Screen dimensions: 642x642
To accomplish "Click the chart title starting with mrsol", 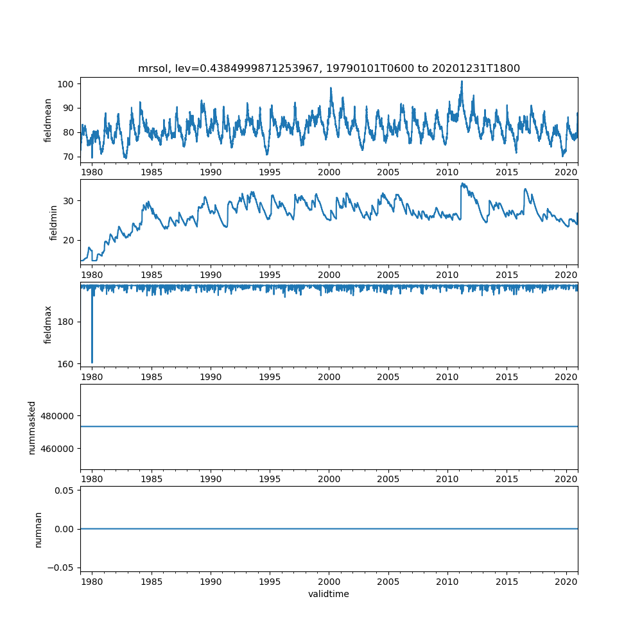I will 329,68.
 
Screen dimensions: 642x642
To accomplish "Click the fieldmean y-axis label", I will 48,121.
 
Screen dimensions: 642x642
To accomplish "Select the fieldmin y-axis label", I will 53,222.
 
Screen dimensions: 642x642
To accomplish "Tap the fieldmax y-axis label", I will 48,324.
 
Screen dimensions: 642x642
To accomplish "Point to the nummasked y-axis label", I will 31,427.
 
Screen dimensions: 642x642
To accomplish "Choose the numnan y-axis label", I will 38,529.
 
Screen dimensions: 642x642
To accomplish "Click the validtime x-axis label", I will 329,594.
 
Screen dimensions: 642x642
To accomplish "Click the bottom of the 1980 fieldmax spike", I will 92,363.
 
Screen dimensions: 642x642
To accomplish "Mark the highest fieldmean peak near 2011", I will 462,82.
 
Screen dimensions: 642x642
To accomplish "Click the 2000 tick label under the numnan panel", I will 329,580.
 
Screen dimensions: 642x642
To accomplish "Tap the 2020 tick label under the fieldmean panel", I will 566,172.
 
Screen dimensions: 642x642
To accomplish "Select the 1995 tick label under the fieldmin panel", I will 270,274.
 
